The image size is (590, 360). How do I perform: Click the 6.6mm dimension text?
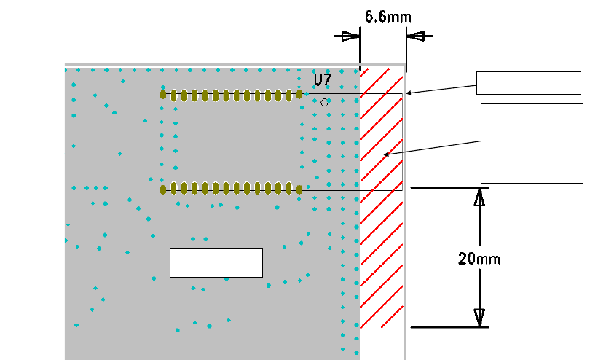382,17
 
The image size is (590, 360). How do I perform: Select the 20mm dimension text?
479,258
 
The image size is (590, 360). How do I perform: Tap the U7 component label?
323,79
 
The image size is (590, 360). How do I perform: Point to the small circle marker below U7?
324,103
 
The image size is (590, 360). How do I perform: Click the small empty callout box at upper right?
529,83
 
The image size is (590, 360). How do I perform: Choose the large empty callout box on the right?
532,143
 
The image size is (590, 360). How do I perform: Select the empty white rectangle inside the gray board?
216,262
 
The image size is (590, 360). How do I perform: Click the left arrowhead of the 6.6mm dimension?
351,35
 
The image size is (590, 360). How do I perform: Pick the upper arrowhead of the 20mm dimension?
479,197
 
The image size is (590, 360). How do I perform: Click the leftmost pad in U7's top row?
163,95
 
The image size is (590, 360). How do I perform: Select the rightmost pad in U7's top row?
299,95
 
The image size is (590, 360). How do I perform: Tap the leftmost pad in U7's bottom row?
163,189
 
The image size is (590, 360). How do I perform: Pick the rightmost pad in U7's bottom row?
299,189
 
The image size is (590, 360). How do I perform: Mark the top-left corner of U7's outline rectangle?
160,93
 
